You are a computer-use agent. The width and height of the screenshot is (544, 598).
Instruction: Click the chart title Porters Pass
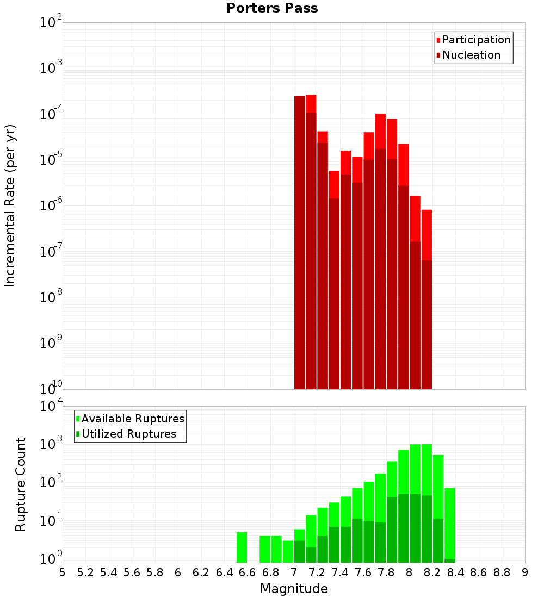(x=271, y=8)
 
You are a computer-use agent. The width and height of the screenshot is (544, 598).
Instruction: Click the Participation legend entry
(x=476, y=40)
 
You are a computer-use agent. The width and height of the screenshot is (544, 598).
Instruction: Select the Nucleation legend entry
(x=471, y=55)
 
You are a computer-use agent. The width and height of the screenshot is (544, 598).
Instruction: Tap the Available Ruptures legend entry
(x=132, y=419)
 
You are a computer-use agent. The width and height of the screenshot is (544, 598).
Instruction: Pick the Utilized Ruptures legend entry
(x=128, y=434)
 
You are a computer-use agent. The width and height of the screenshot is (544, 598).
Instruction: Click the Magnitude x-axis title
(x=294, y=589)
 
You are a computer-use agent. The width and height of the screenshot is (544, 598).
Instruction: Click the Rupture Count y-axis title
(x=21, y=484)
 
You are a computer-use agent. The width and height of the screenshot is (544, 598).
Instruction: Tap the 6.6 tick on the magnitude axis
(x=248, y=572)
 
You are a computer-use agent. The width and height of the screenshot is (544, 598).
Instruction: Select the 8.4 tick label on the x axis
(x=456, y=572)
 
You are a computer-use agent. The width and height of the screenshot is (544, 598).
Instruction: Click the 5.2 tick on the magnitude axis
(x=85, y=572)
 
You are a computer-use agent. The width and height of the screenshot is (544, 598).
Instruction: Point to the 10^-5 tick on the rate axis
(x=51, y=160)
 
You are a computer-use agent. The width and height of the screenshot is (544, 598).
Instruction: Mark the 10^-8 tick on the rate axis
(x=51, y=297)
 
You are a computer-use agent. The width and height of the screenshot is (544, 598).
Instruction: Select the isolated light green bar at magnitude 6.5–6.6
(x=242, y=547)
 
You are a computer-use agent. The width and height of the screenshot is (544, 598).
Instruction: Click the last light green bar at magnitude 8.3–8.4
(x=449, y=522)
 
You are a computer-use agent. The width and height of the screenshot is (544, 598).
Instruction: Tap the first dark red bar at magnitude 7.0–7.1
(x=299, y=242)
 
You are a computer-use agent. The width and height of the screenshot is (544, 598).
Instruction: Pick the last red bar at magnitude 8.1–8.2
(x=426, y=234)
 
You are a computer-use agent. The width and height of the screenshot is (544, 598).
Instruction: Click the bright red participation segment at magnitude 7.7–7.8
(x=380, y=130)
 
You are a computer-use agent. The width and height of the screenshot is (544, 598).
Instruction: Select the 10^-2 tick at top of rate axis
(x=51, y=23)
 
